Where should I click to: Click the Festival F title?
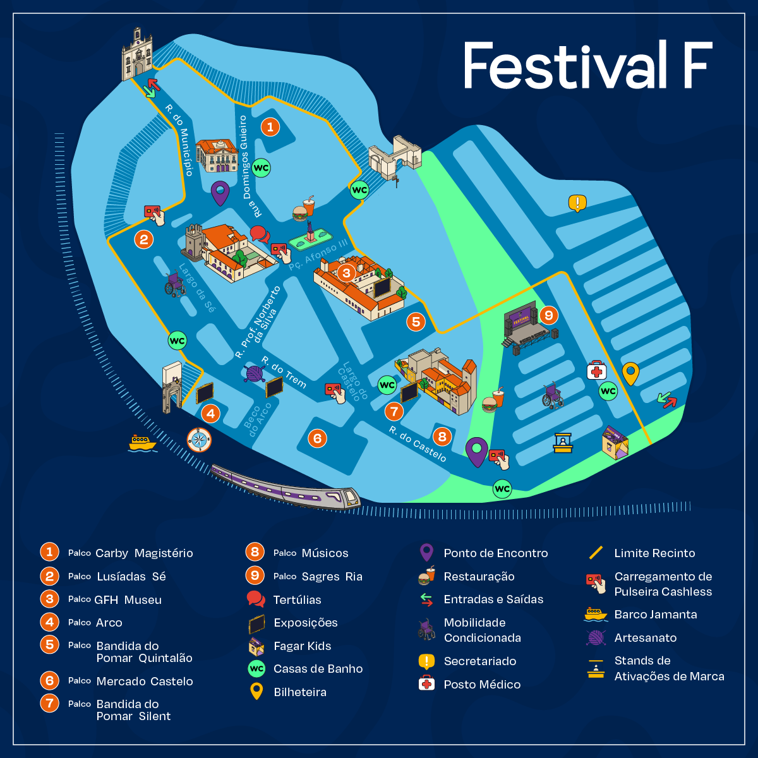pos(588,65)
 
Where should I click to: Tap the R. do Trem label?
pos(284,372)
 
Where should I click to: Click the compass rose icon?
pos(199,440)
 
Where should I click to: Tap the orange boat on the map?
pos(142,443)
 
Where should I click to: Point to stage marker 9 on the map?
pos(548,315)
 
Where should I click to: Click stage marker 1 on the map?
pos(270,127)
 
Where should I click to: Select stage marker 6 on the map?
pos(317,438)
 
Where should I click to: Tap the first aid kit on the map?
pos(596,371)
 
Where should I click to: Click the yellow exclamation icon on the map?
pos(577,203)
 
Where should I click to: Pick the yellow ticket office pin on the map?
pos(630,373)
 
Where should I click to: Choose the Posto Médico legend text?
pos(482,684)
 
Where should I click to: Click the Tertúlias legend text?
pos(297,599)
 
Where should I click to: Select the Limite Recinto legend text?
pos(654,553)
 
